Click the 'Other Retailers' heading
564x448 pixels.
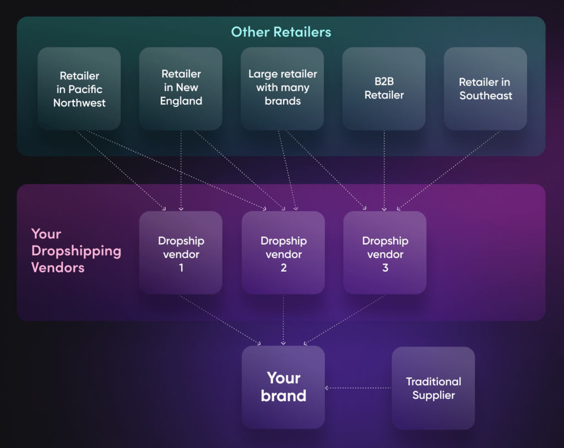coord(281,32)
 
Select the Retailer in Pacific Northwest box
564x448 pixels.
coord(79,89)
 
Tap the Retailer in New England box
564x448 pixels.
coord(181,88)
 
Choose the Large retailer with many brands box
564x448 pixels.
coord(282,88)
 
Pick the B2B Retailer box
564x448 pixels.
coord(384,88)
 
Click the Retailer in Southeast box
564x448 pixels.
coord(485,88)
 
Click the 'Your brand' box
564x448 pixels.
coord(283,387)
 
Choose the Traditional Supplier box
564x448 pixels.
coord(433,388)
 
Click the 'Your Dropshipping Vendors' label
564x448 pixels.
coord(76,251)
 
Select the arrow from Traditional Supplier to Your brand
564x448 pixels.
coord(358,388)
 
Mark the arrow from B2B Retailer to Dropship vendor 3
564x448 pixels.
coord(384,171)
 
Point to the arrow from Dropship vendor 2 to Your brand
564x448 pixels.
coord(283,320)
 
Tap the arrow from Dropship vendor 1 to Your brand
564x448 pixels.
coord(220,320)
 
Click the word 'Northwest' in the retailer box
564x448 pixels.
coord(79,102)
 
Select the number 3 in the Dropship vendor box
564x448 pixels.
coord(385,268)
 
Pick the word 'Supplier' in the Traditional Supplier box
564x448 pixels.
coord(433,395)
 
